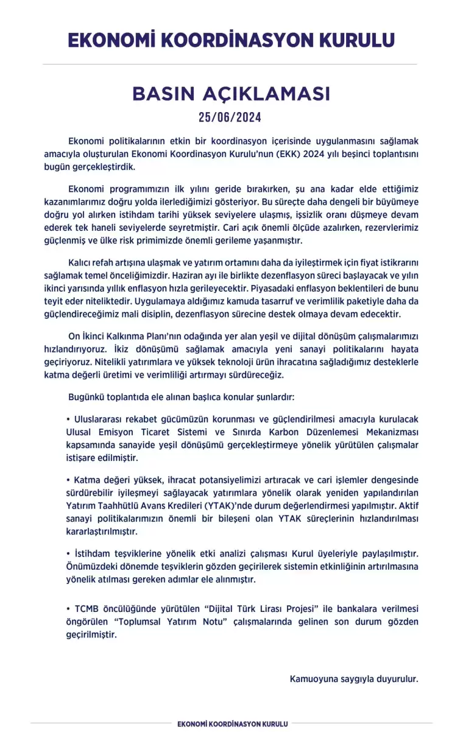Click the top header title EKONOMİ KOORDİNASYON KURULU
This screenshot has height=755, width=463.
[x=231, y=40]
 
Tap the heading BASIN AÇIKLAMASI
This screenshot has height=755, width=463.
[x=231, y=94]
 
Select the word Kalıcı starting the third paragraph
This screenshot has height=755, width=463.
[x=80, y=262]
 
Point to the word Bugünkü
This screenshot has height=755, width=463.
[x=87, y=397]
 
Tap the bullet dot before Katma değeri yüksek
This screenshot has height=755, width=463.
[x=68, y=480]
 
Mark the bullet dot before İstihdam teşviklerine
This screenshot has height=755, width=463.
[x=68, y=553]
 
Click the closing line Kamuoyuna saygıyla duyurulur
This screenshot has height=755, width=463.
[x=354, y=678]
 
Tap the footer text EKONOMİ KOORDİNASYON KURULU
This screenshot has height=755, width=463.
[x=231, y=724]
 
